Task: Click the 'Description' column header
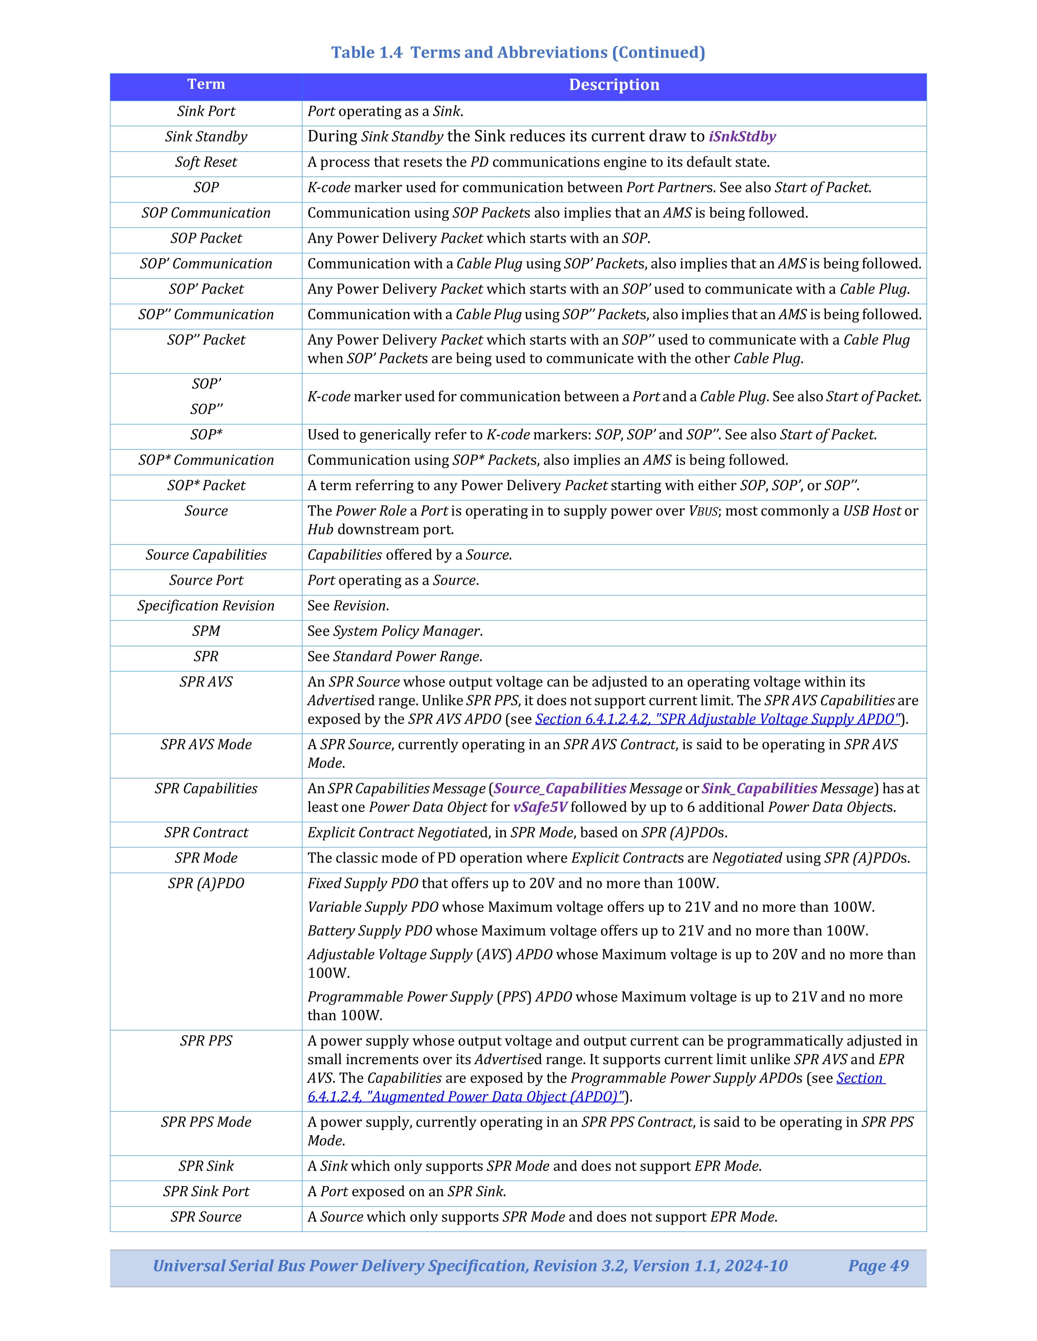pos(614,85)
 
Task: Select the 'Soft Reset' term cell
pos(206,162)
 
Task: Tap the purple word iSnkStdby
pos(742,136)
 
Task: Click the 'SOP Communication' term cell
pos(206,213)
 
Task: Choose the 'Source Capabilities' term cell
pos(206,555)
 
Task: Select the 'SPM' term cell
pos(206,631)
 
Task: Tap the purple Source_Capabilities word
pos(560,788)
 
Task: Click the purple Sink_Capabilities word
pos(759,788)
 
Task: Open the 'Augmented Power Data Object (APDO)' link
pos(466,1097)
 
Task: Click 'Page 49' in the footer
pos(878,1265)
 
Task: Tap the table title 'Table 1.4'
pos(366,52)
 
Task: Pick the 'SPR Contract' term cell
pos(206,833)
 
